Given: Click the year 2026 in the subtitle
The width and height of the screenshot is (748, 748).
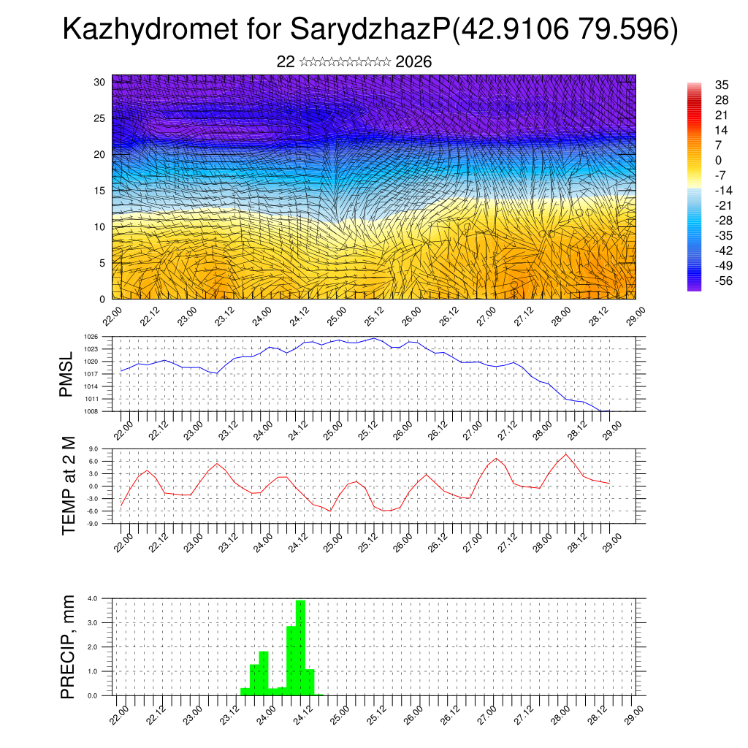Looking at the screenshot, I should [413, 62].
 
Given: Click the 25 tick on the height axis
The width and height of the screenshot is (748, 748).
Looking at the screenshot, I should [100, 118].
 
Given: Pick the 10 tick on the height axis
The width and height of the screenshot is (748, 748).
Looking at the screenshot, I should [100, 226].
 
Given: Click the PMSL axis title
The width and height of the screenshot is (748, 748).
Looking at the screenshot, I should [66, 374].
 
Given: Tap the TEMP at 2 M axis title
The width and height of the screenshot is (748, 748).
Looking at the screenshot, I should [69, 486].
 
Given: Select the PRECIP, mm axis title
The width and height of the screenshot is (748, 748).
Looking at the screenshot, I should [68, 646].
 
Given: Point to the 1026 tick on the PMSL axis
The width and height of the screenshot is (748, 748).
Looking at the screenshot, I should [91, 337].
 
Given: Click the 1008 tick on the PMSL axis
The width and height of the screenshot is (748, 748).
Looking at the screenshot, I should [91, 411].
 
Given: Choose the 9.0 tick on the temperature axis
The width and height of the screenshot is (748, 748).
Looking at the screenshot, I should [93, 449].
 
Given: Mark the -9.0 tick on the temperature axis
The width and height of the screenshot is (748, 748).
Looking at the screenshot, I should [93, 524].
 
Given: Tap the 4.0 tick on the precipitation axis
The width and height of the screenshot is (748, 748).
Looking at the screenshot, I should [93, 598].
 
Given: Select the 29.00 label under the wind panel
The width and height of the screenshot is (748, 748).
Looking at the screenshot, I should [630, 316].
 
